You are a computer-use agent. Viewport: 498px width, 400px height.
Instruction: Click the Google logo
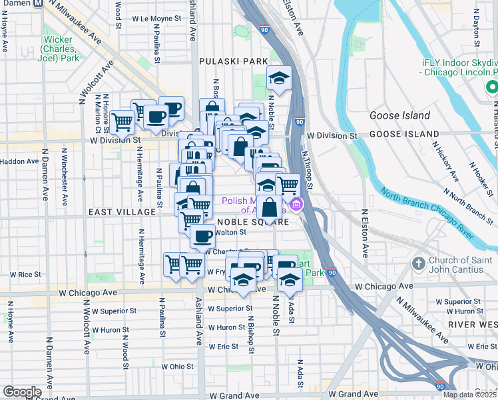click(x=22, y=392)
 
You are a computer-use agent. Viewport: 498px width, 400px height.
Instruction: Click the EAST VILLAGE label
click(x=122, y=211)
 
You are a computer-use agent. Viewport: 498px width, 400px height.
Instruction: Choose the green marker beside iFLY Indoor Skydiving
click(x=492, y=87)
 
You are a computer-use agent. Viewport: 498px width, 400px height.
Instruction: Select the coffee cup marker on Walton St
click(x=202, y=235)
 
